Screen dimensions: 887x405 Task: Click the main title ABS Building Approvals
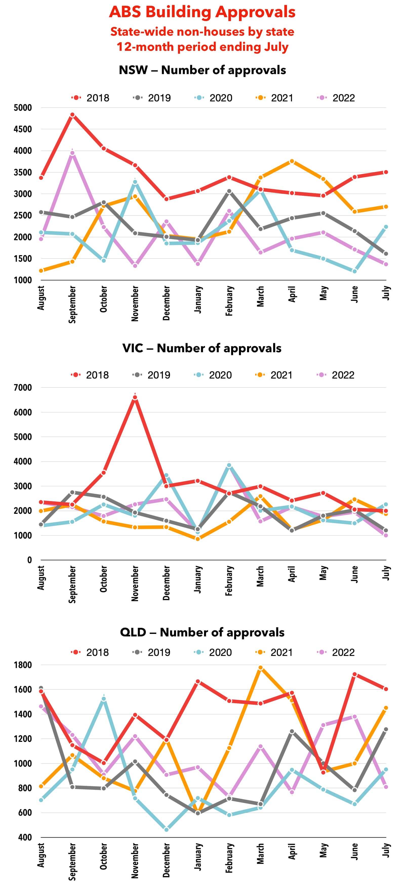pyautogui.click(x=202, y=12)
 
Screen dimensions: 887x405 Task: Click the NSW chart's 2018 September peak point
pyautogui.click(x=72, y=115)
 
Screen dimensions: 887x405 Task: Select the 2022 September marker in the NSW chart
pyautogui.click(x=72, y=153)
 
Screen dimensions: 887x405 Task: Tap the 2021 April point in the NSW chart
pyautogui.click(x=292, y=161)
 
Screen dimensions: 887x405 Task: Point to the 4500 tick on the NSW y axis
pyautogui.click(x=23, y=129)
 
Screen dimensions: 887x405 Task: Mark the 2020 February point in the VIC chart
pyautogui.click(x=229, y=465)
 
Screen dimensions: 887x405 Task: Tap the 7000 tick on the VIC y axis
pyautogui.click(x=23, y=388)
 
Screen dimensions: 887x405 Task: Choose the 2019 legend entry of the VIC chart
pyautogui.click(x=152, y=375)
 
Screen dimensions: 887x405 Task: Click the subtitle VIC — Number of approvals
pyautogui.click(x=202, y=348)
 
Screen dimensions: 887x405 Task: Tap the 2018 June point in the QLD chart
pyautogui.click(x=355, y=674)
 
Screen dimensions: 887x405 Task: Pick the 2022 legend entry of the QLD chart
pyautogui.click(x=336, y=652)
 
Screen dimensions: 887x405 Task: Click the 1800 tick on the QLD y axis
pyautogui.click(x=23, y=665)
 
